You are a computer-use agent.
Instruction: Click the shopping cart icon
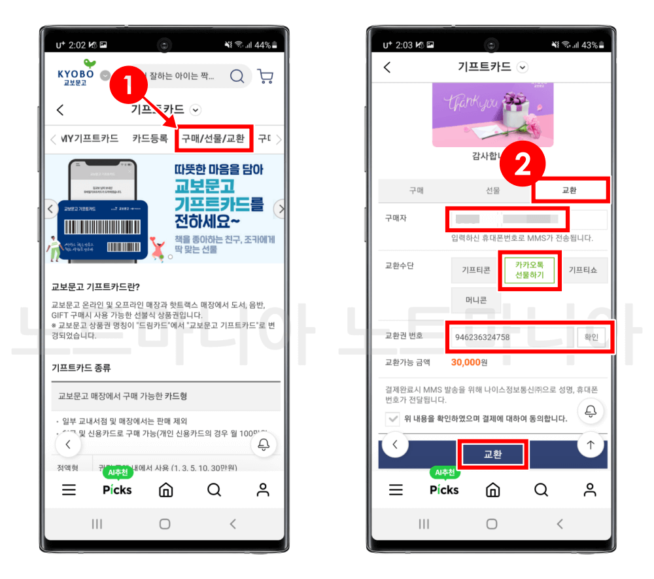tap(265, 77)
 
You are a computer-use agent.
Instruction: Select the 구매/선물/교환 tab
tap(213, 138)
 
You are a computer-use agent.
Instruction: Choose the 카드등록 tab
tap(150, 139)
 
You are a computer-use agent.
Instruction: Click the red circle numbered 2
tap(523, 166)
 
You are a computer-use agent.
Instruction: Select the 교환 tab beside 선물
tap(570, 190)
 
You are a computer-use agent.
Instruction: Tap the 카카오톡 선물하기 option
tap(529, 270)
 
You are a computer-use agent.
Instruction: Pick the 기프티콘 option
tap(475, 270)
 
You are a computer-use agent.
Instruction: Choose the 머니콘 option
tap(475, 300)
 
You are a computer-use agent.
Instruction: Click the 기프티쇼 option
tap(583, 270)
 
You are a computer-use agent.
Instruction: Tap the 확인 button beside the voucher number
tap(591, 337)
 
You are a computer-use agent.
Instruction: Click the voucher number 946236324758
tap(482, 338)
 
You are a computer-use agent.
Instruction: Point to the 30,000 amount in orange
tap(465, 362)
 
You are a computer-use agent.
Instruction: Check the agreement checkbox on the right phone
tap(393, 419)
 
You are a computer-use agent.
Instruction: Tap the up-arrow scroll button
tap(591, 445)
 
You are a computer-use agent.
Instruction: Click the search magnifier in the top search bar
tap(237, 77)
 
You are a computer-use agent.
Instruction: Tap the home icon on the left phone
tap(166, 490)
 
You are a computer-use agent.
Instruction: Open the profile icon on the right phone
tap(590, 490)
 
